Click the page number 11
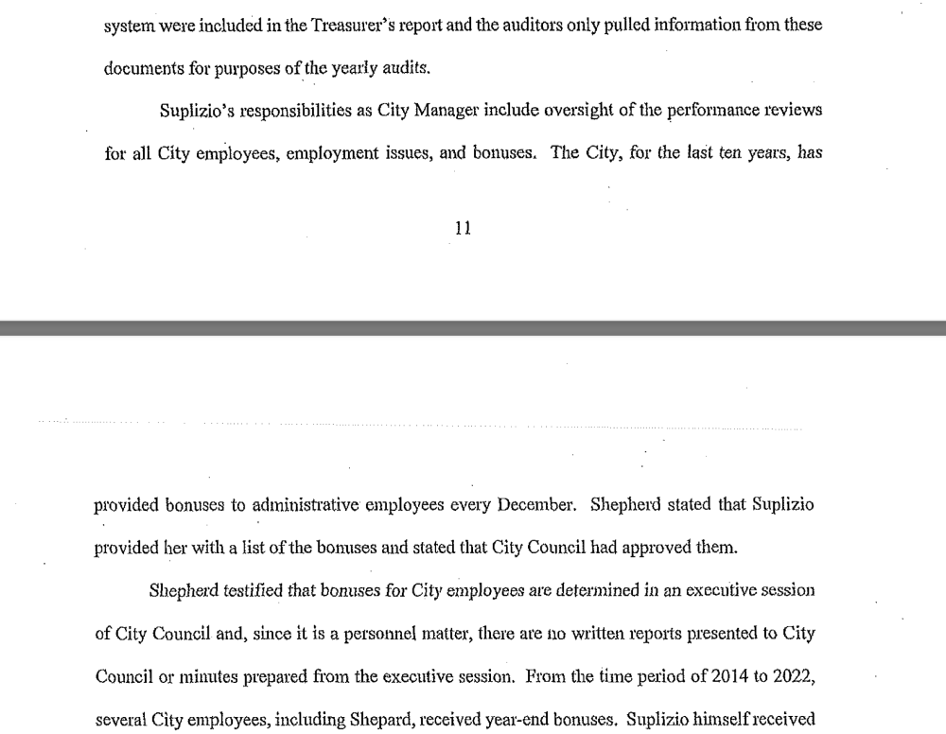click(463, 228)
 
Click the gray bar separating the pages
click(473, 328)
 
